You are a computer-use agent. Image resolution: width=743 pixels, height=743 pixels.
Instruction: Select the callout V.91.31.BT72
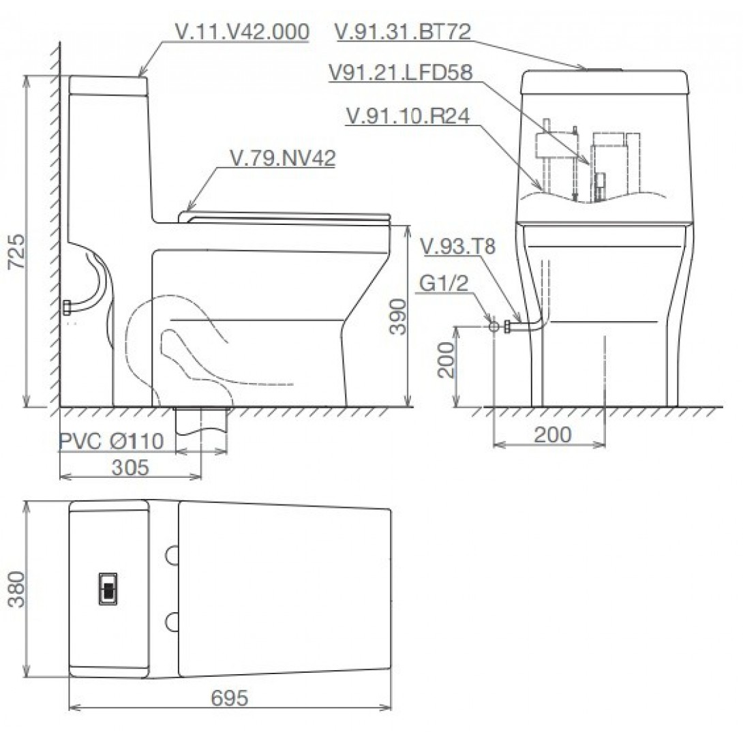403,31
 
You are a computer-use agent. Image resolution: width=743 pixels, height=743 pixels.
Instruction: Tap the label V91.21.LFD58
400,73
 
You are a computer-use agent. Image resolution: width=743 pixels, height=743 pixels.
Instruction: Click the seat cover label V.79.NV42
283,158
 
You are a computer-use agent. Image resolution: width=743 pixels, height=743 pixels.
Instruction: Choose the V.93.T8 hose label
458,247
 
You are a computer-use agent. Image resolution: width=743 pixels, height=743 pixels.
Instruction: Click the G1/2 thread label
443,284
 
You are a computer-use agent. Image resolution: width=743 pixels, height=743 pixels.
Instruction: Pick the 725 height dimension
16,252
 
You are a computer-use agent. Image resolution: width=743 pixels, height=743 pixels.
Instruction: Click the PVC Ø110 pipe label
111,442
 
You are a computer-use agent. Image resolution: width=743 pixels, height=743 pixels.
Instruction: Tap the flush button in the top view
108,588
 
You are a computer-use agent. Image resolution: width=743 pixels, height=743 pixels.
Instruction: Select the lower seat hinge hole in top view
172,621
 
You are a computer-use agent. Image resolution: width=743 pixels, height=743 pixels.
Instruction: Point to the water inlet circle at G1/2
494,327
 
